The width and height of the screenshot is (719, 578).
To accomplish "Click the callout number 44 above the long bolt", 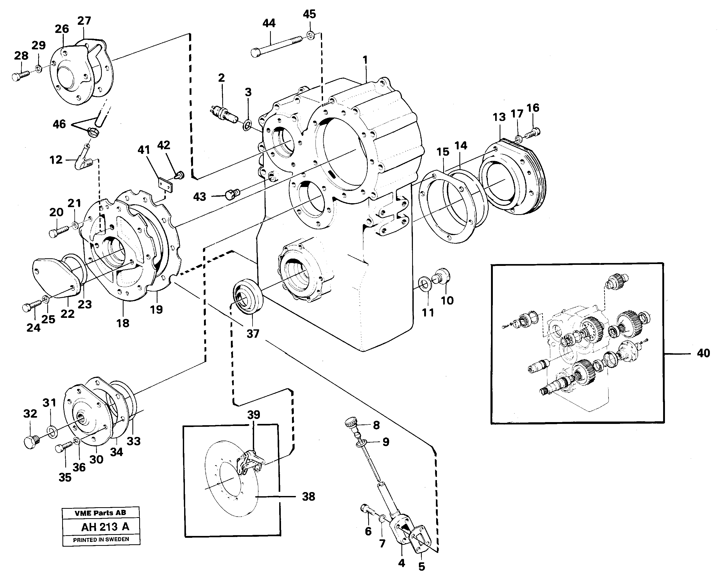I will [269, 23].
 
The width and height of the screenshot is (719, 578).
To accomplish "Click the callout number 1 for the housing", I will [365, 60].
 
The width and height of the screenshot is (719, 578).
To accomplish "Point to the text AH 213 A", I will [105, 527].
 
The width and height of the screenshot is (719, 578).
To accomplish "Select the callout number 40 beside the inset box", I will [703, 353].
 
